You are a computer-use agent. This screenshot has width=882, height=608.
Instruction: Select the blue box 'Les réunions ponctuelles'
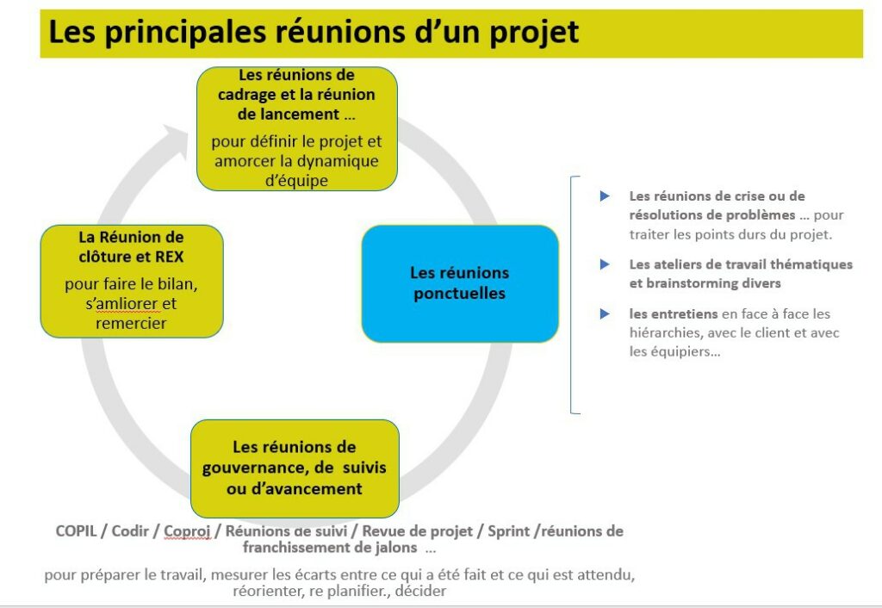[459, 283]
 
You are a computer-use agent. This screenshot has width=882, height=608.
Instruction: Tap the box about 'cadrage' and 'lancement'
[296, 128]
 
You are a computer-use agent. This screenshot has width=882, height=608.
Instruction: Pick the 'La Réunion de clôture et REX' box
[131, 281]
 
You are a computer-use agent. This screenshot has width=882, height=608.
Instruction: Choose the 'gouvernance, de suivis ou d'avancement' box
[295, 468]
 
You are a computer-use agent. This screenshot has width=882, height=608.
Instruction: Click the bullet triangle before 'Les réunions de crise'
[605, 196]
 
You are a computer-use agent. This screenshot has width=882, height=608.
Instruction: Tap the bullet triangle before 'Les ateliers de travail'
[605, 264]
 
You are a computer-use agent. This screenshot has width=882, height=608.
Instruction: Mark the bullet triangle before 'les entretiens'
[605, 314]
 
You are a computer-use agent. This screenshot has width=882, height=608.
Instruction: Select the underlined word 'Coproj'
[188, 531]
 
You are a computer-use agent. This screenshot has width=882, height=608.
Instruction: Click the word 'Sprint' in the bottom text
[508, 531]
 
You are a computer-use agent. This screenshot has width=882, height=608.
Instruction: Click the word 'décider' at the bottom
[420, 592]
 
